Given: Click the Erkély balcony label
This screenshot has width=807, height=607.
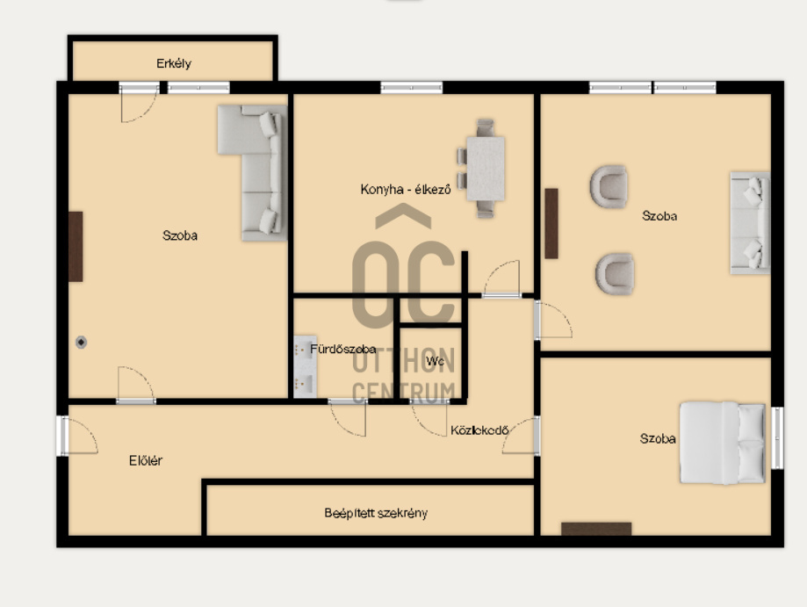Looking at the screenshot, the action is [174, 63].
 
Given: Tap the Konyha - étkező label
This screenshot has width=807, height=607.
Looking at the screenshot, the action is [406, 190].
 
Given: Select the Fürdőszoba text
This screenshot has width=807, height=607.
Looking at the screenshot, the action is [342, 349].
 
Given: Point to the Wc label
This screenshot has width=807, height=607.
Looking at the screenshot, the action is [435, 361].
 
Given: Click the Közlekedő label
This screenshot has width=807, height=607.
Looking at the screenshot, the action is [479, 430].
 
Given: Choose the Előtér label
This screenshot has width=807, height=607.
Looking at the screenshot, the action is [146, 460].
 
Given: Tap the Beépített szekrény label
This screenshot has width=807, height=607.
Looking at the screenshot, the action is [376, 513].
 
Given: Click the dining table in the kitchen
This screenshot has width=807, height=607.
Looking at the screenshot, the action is [486, 169].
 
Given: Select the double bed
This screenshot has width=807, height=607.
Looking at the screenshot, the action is [723, 443].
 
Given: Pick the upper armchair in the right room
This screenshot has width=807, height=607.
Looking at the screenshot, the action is [609, 186].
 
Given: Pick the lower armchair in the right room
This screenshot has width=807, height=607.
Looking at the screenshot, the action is [615, 273].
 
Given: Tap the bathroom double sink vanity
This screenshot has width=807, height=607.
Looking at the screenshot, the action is [305, 366].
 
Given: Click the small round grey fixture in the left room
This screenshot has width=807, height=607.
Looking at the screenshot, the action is [81, 342].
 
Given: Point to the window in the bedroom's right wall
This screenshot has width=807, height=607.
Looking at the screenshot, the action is [778, 437].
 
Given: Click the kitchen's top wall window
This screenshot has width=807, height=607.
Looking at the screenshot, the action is [411, 88].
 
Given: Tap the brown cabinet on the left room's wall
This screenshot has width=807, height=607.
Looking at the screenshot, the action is [76, 247].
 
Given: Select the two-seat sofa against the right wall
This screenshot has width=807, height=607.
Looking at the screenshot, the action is [750, 222].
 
